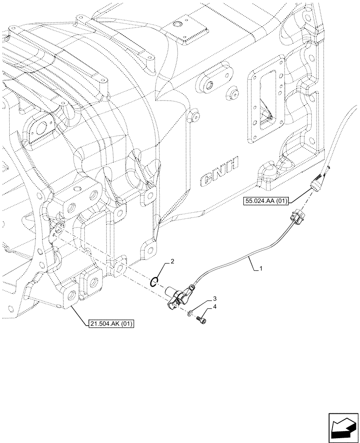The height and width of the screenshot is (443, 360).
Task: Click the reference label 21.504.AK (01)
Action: [110, 324]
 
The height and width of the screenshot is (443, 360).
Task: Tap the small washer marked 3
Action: [189, 314]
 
